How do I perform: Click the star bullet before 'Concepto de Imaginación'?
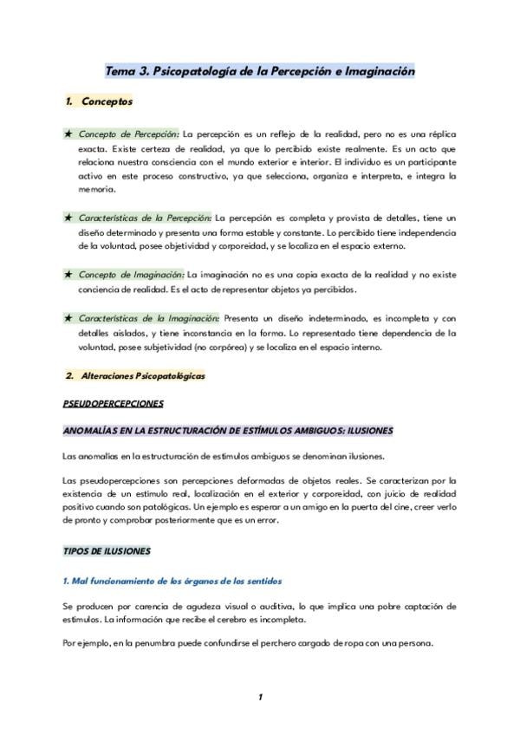point(68,274)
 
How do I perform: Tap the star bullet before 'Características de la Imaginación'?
point(68,319)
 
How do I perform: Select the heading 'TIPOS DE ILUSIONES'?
point(107,550)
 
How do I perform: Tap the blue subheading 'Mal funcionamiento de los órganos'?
point(172,579)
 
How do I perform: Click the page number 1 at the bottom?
point(259,697)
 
